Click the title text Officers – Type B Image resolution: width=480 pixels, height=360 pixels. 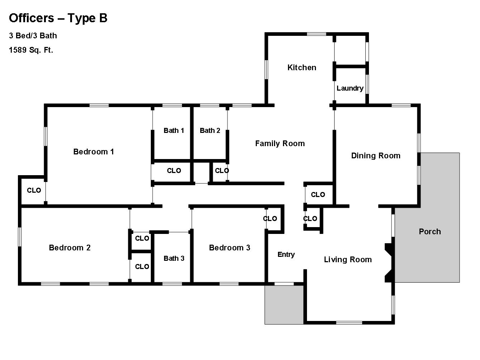point(58,18)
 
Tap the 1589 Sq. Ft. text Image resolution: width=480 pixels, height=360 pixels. point(31,50)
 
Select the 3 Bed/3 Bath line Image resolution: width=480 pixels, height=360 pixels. point(33,35)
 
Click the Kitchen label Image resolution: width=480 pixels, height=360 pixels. point(302,67)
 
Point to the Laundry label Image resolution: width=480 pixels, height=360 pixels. point(350,88)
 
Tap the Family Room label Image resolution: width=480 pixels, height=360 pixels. point(280,143)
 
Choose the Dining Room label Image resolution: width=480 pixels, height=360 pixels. point(376,155)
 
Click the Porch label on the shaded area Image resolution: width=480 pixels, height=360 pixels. point(430,231)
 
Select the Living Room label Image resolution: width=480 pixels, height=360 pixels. point(348,259)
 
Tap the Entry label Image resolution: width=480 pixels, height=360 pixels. point(286,254)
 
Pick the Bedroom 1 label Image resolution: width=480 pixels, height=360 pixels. point(93,152)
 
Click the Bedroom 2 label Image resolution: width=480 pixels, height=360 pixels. point(69,248)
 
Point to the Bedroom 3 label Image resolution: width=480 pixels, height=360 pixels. point(230,248)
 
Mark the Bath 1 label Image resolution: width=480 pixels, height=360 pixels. point(174,130)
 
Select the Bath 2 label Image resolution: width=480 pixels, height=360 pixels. point(210,130)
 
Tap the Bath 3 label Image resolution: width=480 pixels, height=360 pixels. point(174,258)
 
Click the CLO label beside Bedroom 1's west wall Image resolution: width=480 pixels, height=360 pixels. point(34,190)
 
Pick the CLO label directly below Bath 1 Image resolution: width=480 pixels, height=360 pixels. point(174,171)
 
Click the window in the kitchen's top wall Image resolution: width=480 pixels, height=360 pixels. point(316,34)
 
